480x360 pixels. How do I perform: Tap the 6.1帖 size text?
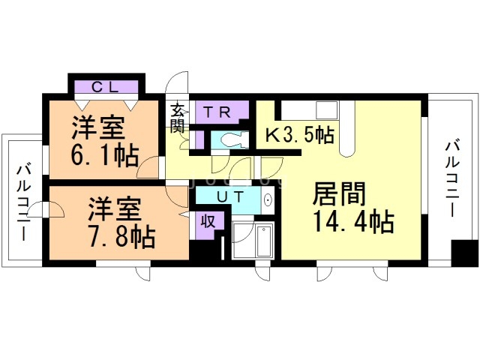pyautogui.click(x=104, y=155)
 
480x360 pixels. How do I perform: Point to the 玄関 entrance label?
pyautogui.click(x=178, y=118)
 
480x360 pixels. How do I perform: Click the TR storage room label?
pyautogui.click(x=217, y=112)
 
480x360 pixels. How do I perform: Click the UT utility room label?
pyautogui.click(x=227, y=196)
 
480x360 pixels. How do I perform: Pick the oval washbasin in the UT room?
pyautogui.click(x=268, y=200)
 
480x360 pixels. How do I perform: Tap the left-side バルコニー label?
pyautogui.click(x=22, y=199)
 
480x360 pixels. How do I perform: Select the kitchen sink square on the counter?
pyautogui.click(x=327, y=109)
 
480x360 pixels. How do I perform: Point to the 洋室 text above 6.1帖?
pyautogui.click(x=97, y=128)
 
